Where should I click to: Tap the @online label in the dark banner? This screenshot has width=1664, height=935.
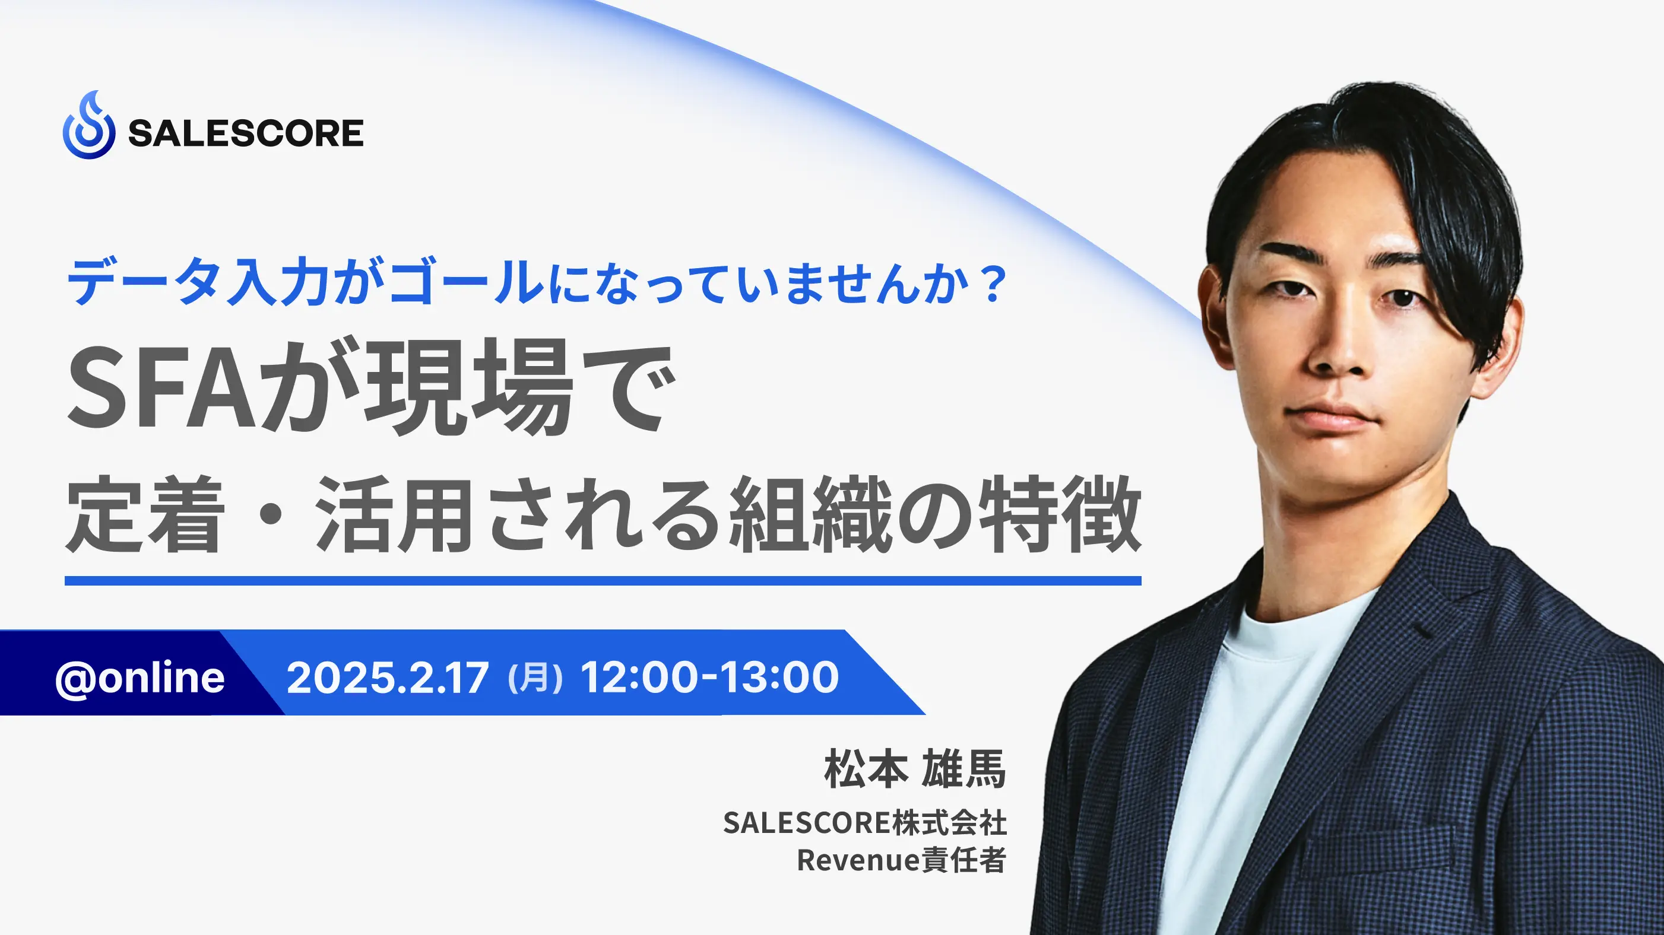(140, 678)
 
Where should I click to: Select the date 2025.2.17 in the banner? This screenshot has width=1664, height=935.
(388, 678)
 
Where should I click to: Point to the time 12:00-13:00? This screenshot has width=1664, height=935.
(710, 678)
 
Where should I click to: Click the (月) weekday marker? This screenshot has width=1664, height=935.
(535, 679)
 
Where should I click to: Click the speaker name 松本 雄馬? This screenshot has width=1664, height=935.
(915, 769)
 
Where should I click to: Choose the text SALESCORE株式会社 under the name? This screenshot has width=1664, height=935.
(865, 823)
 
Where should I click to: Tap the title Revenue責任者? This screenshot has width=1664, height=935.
(902, 860)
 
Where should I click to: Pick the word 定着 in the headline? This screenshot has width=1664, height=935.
(145, 513)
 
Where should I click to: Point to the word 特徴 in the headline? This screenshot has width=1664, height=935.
(1060, 513)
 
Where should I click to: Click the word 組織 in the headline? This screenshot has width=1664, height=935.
(811, 513)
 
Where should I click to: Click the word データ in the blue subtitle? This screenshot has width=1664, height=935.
(142, 282)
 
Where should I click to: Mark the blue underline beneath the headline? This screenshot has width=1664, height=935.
(603, 580)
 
